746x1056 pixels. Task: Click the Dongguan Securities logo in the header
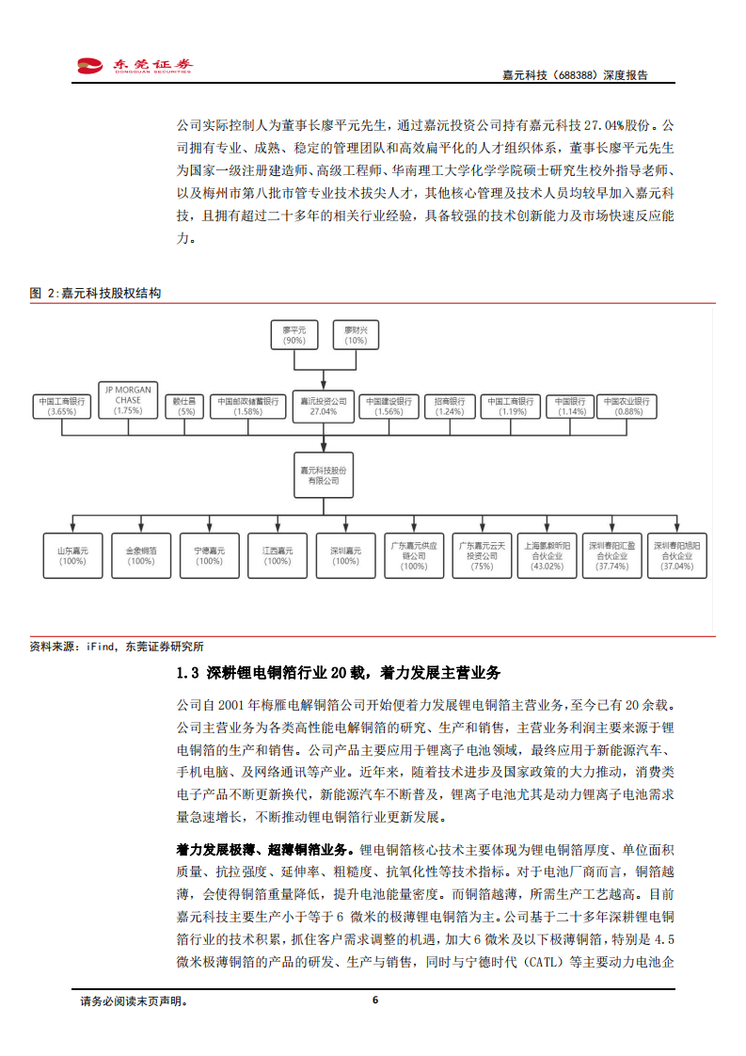135,65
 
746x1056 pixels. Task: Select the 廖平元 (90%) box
294,335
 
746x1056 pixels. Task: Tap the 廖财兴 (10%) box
356,335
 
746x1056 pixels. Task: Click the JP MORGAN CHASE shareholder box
128,400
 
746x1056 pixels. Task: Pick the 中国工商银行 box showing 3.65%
62,406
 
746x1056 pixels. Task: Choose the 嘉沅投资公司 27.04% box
323,406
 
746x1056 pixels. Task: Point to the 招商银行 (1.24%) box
450,406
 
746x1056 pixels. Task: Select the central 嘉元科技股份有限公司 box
323,474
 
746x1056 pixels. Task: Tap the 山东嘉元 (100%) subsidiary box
72,555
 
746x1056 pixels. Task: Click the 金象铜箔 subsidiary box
141,555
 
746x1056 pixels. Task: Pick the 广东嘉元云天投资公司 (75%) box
482,555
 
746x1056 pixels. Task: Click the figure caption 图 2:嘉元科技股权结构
95,294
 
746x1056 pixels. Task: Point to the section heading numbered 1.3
339,673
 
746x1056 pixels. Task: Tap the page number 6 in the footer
375,1000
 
